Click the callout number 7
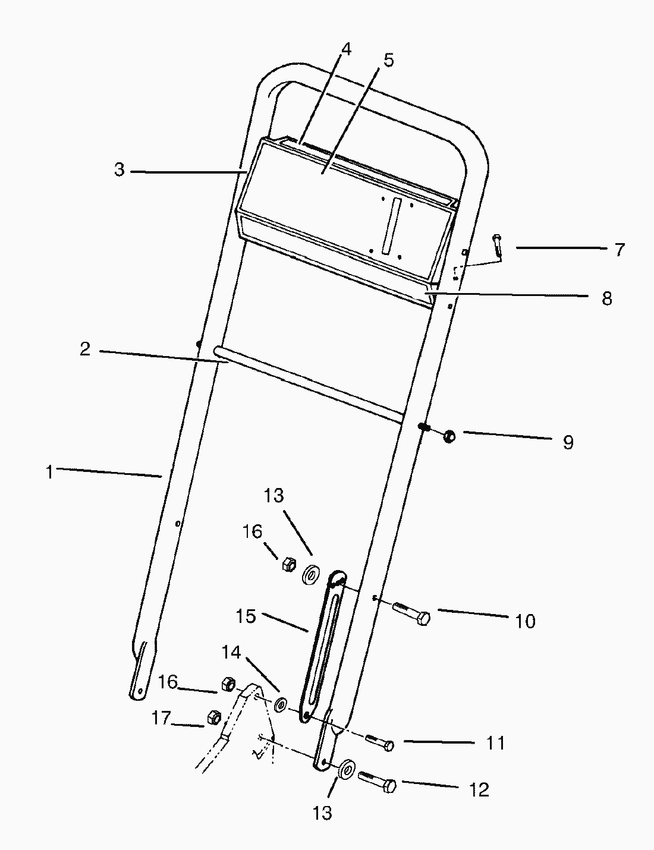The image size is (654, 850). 620,250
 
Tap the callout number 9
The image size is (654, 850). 568,442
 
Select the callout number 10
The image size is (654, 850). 525,621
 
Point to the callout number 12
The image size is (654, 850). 479,789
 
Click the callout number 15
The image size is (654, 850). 246,616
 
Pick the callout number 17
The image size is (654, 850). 161,718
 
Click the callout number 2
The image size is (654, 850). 85,349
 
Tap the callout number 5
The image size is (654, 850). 388,60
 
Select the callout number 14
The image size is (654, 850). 231,652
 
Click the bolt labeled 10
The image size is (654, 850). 411,613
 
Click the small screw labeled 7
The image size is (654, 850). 498,247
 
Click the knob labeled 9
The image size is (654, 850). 449,437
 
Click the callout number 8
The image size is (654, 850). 606,298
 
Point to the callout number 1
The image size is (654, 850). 51,473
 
